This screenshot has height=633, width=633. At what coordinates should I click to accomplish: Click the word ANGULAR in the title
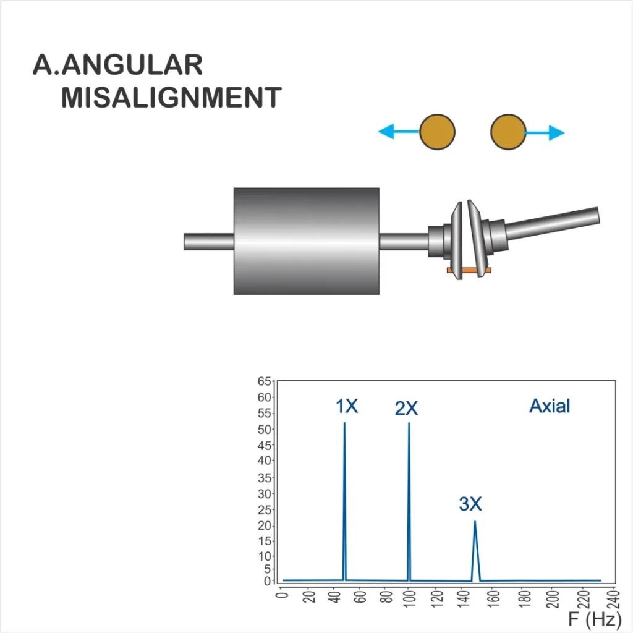pyautogui.click(x=132, y=65)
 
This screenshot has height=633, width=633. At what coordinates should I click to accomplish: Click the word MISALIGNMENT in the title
pyautogui.click(x=171, y=97)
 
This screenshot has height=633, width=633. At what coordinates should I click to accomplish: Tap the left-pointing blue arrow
pyautogui.click(x=399, y=132)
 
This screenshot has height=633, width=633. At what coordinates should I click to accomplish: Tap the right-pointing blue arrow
pyautogui.click(x=545, y=132)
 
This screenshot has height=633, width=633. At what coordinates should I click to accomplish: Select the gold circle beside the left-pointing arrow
pyautogui.click(x=437, y=132)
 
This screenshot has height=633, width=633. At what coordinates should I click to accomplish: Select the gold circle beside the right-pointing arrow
pyautogui.click(x=508, y=132)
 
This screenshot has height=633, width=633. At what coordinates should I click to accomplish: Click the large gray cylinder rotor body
pyautogui.click(x=307, y=241)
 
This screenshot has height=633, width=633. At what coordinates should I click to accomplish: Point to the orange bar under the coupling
pyautogui.click(x=469, y=270)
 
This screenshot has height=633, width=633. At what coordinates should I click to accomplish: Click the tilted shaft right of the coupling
pyautogui.click(x=552, y=223)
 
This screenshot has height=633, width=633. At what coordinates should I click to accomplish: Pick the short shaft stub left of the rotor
pyautogui.click(x=209, y=242)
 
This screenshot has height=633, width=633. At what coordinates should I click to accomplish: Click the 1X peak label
pyautogui.click(x=347, y=406)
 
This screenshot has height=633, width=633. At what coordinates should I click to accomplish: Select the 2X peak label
pyautogui.click(x=406, y=408)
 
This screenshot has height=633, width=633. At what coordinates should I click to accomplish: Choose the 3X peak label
pyautogui.click(x=470, y=504)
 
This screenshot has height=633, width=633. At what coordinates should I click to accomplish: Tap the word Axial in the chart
pyautogui.click(x=550, y=406)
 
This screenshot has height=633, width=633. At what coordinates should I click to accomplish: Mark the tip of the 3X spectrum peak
pyautogui.click(x=475, y=521)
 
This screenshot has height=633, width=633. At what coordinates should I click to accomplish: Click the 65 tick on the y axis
pyautogui.click(x=264, y=381)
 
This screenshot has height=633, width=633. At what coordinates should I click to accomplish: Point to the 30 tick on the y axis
pyautogui.click(x=264, y=494)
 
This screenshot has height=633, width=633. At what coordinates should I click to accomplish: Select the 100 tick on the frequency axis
pyautogui.click(x=409, y=597)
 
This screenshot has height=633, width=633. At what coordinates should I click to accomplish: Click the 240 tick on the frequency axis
pyautogui.click(x=613, y=598)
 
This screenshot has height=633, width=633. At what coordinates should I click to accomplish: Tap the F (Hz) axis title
pyautogui.click(x=595, y=619)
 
